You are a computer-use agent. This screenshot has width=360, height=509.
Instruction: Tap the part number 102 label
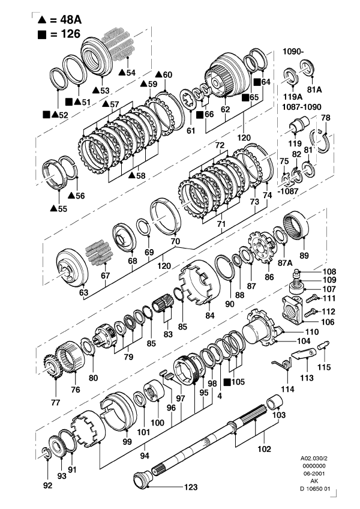point(264,448)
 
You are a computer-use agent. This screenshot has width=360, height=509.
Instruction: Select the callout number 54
point(131,72)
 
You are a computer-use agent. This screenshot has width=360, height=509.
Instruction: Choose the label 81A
point(314,89)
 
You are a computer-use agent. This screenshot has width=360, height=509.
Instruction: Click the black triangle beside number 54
point(121,72)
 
